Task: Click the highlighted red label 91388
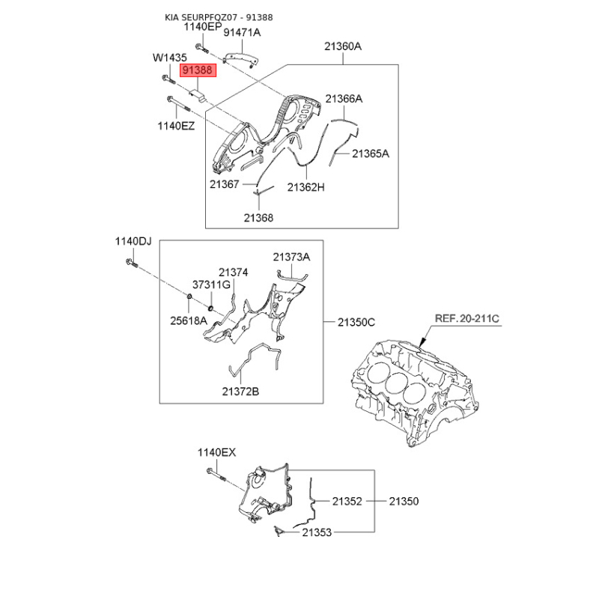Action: coord(198,70)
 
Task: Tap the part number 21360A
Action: coord(343,46)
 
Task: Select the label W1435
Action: coord(170,58)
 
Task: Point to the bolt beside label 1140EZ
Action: coord(178,104)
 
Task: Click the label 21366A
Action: coord(344,99)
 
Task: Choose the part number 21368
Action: coord(258,218)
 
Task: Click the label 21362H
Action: coord(305,187)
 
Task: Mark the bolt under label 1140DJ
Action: coord(132,263)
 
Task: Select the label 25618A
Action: coord(189,321)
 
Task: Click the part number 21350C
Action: coord(356,323)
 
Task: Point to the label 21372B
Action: coord(240,392)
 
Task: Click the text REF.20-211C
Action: coord(466,319)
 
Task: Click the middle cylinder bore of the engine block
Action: coord(396,384)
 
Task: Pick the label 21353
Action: coord(317,532)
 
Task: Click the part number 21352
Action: coord(347,501)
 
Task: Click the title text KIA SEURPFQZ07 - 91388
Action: coord(219,17)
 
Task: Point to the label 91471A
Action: coord(242,33)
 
